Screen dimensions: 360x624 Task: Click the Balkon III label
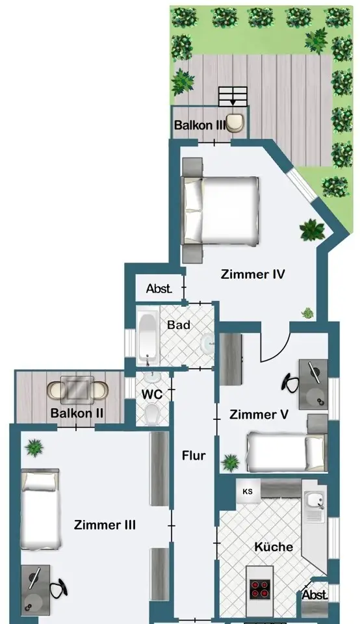pos(199,125)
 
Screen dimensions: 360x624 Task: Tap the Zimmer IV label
pos(253,274)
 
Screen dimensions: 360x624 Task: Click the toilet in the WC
pos(152,413)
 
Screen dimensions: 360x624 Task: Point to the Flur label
pos(194,455)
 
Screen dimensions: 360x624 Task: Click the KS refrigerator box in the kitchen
pos(248,491)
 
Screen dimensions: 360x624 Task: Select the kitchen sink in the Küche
pos(315,506)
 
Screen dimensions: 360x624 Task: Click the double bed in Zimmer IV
pos(220,211)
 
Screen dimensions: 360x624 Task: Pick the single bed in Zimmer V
pos(286,452)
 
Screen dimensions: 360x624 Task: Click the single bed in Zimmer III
pos(40,510)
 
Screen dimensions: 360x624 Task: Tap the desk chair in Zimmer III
pos(59,588)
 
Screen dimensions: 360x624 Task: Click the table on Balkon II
pos(77,389)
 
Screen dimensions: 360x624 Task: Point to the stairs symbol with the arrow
pos(233,97)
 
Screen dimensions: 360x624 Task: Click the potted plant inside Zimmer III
pos(34,448)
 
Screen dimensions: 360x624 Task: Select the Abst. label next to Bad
pos(159,289)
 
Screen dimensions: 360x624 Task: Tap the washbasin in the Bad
pos(208,343)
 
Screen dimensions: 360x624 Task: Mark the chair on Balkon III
pos(235,123)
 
